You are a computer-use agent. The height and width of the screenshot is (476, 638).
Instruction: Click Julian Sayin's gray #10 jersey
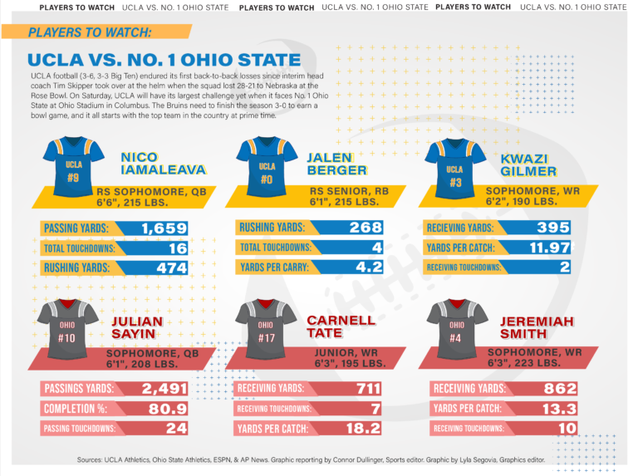coord(73,329)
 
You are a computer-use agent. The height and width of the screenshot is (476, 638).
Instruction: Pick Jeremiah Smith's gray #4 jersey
coord(457,329)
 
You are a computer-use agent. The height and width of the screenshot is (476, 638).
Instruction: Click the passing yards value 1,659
coord(164,228)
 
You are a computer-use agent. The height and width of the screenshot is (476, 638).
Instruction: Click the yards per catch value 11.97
coord(550,248)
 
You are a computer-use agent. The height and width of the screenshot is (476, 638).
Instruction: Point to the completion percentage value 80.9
coord(169,409)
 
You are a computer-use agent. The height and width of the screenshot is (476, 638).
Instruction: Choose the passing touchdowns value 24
coord(174,429)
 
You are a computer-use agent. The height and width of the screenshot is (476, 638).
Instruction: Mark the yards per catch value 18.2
coord(364,429)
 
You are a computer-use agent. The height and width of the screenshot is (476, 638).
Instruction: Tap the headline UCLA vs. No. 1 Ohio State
coord(164,60)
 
